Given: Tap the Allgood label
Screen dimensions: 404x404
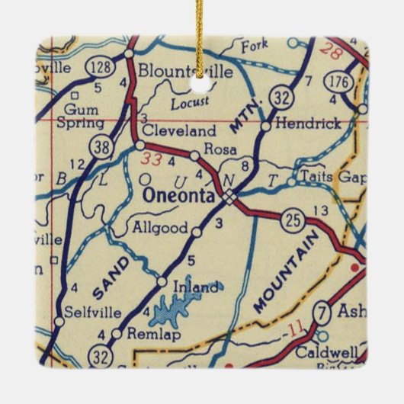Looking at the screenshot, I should pos(159,226).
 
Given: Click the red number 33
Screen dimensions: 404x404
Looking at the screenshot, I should pos(152,159).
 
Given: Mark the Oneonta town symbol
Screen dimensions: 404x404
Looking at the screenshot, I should pos(230,197).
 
